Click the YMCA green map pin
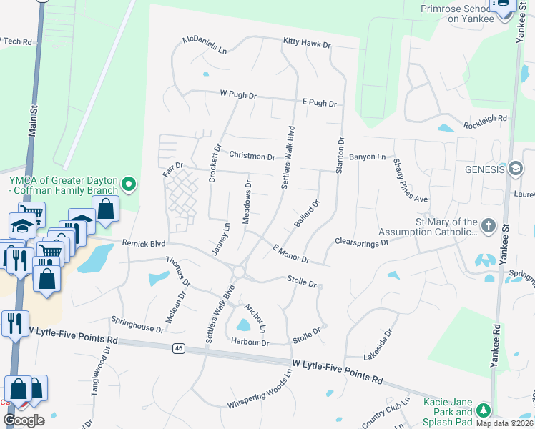129,185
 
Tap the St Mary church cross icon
488,227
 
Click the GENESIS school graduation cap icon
515,169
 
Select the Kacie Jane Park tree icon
484,410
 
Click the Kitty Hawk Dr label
307,44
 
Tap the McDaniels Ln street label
204,44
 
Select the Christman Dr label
252,156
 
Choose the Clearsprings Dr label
361,243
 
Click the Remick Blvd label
139,243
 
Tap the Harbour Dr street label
250,343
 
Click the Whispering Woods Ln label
260,390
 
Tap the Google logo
24,420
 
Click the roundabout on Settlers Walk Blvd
239,272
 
